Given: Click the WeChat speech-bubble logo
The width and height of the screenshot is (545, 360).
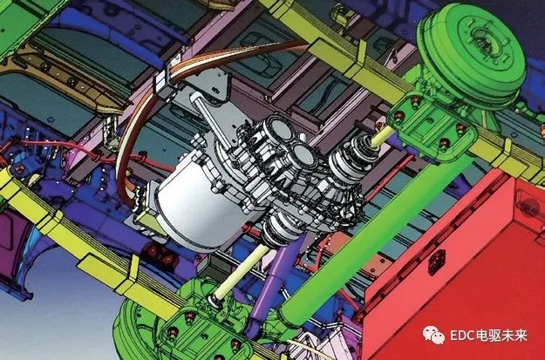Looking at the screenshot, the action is coord(433,336).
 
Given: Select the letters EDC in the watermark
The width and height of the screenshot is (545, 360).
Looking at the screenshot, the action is coord(462,336).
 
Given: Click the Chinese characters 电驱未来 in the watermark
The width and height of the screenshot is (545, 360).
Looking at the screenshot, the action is coord(501,336).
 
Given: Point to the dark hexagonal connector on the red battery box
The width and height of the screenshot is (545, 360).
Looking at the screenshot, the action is coord(437,262).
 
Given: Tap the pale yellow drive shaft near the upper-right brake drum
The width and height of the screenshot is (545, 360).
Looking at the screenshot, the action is coord(383,135).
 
